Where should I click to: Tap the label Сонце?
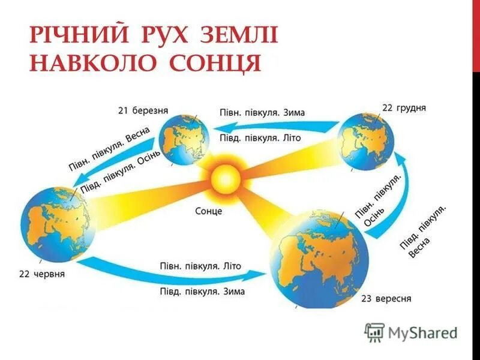click(x=209, y=211)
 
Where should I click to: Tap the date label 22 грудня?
click(x=404, y=109)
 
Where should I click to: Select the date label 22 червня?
click(x=42, y=274)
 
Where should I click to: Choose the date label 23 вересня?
click(x=386, y=298)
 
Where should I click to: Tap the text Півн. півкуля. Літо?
click(x=201, y=265)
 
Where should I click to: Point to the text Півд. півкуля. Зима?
click(x=202, y=292)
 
